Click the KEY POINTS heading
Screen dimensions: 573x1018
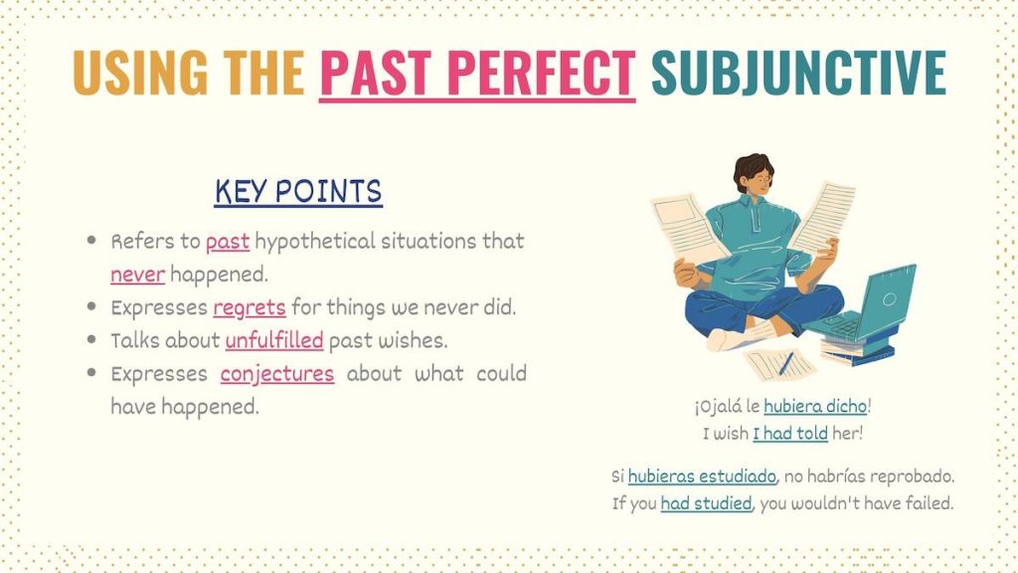click(298, 191)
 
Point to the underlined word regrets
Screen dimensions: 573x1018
click(249, 307)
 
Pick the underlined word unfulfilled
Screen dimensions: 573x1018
click(274, 340)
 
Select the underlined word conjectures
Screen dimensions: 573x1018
click(277, 374)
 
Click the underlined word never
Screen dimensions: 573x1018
click(137, 274)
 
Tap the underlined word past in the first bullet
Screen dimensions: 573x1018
click(228, 242)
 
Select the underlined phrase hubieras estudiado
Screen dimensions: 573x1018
click(702, 477)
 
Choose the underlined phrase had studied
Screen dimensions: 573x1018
click(706, 503)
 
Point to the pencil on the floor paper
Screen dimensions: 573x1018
click(785, 363)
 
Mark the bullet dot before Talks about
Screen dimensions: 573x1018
click(91, 341)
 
